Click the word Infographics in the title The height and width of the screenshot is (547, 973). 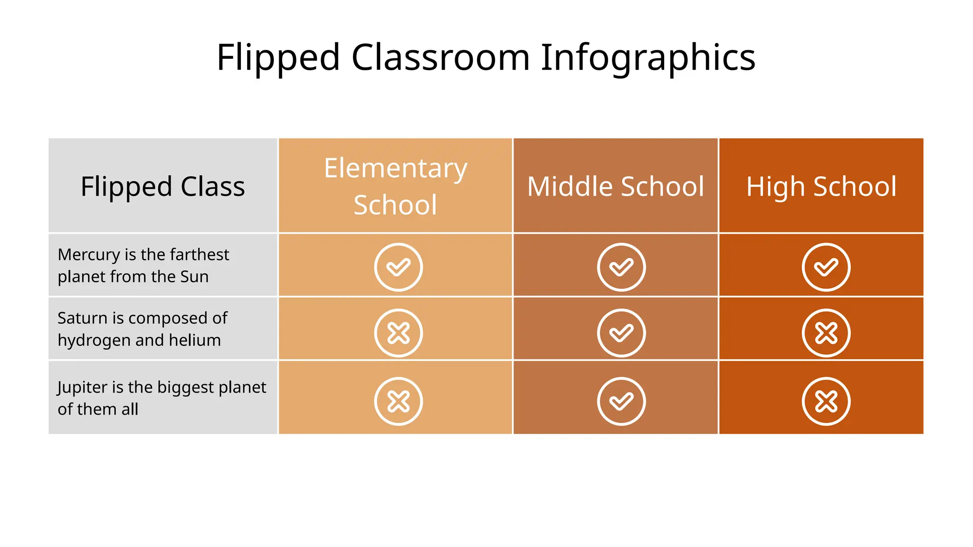648,58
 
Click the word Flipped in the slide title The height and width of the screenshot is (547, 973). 278,58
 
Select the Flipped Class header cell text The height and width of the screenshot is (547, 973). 162,186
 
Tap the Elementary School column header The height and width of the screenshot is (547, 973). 395,186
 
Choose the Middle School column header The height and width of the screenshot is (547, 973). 616,186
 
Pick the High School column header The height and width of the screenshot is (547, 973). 821,186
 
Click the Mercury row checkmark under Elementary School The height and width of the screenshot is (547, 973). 398,267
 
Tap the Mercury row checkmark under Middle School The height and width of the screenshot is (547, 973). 621,267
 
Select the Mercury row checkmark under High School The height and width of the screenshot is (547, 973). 826,267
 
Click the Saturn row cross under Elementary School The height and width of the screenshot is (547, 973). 398,333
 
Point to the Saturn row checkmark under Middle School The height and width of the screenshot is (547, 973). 621,333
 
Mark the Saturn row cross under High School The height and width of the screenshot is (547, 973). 826,333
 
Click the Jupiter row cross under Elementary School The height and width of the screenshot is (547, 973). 398,401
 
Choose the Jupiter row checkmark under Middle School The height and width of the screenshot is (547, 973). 621,401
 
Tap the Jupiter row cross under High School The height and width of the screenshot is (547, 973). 826,401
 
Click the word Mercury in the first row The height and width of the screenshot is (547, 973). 88,255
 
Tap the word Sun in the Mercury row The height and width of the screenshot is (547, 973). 194,277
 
